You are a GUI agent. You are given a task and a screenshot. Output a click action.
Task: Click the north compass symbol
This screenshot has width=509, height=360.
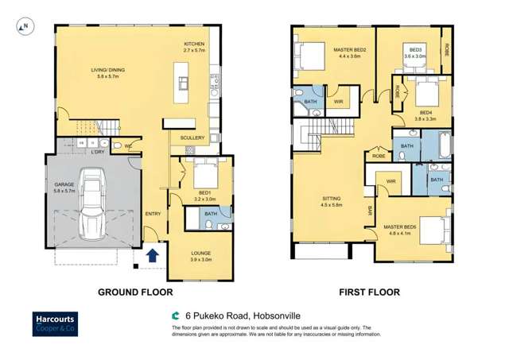coord(23,26)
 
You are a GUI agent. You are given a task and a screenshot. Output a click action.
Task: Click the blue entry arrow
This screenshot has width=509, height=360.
coord(153,256)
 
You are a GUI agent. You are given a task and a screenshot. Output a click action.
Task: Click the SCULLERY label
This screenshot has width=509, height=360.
coord(192,137)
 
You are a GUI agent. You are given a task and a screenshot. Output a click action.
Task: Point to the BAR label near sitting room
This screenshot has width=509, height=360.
coord(369,211)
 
